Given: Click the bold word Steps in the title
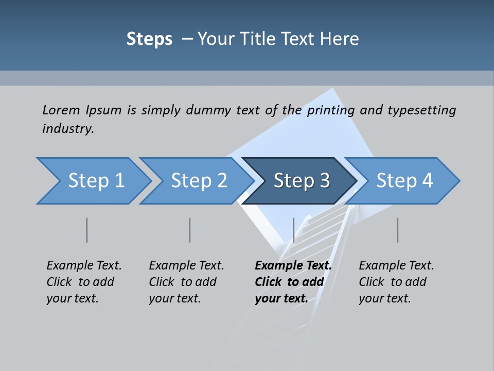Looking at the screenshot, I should [x=149, y=39].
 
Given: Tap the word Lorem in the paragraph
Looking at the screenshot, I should [x=61, y=110].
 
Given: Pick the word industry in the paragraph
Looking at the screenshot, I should [x=67, y=129].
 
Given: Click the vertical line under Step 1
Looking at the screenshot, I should [x=87, y=230].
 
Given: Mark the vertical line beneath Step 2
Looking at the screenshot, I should [x=190, y=230].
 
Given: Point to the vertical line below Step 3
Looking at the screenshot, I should [x=293, y=230].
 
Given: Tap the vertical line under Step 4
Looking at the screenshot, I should [x=398, y=230].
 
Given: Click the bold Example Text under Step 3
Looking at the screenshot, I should [x=293, y=266].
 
